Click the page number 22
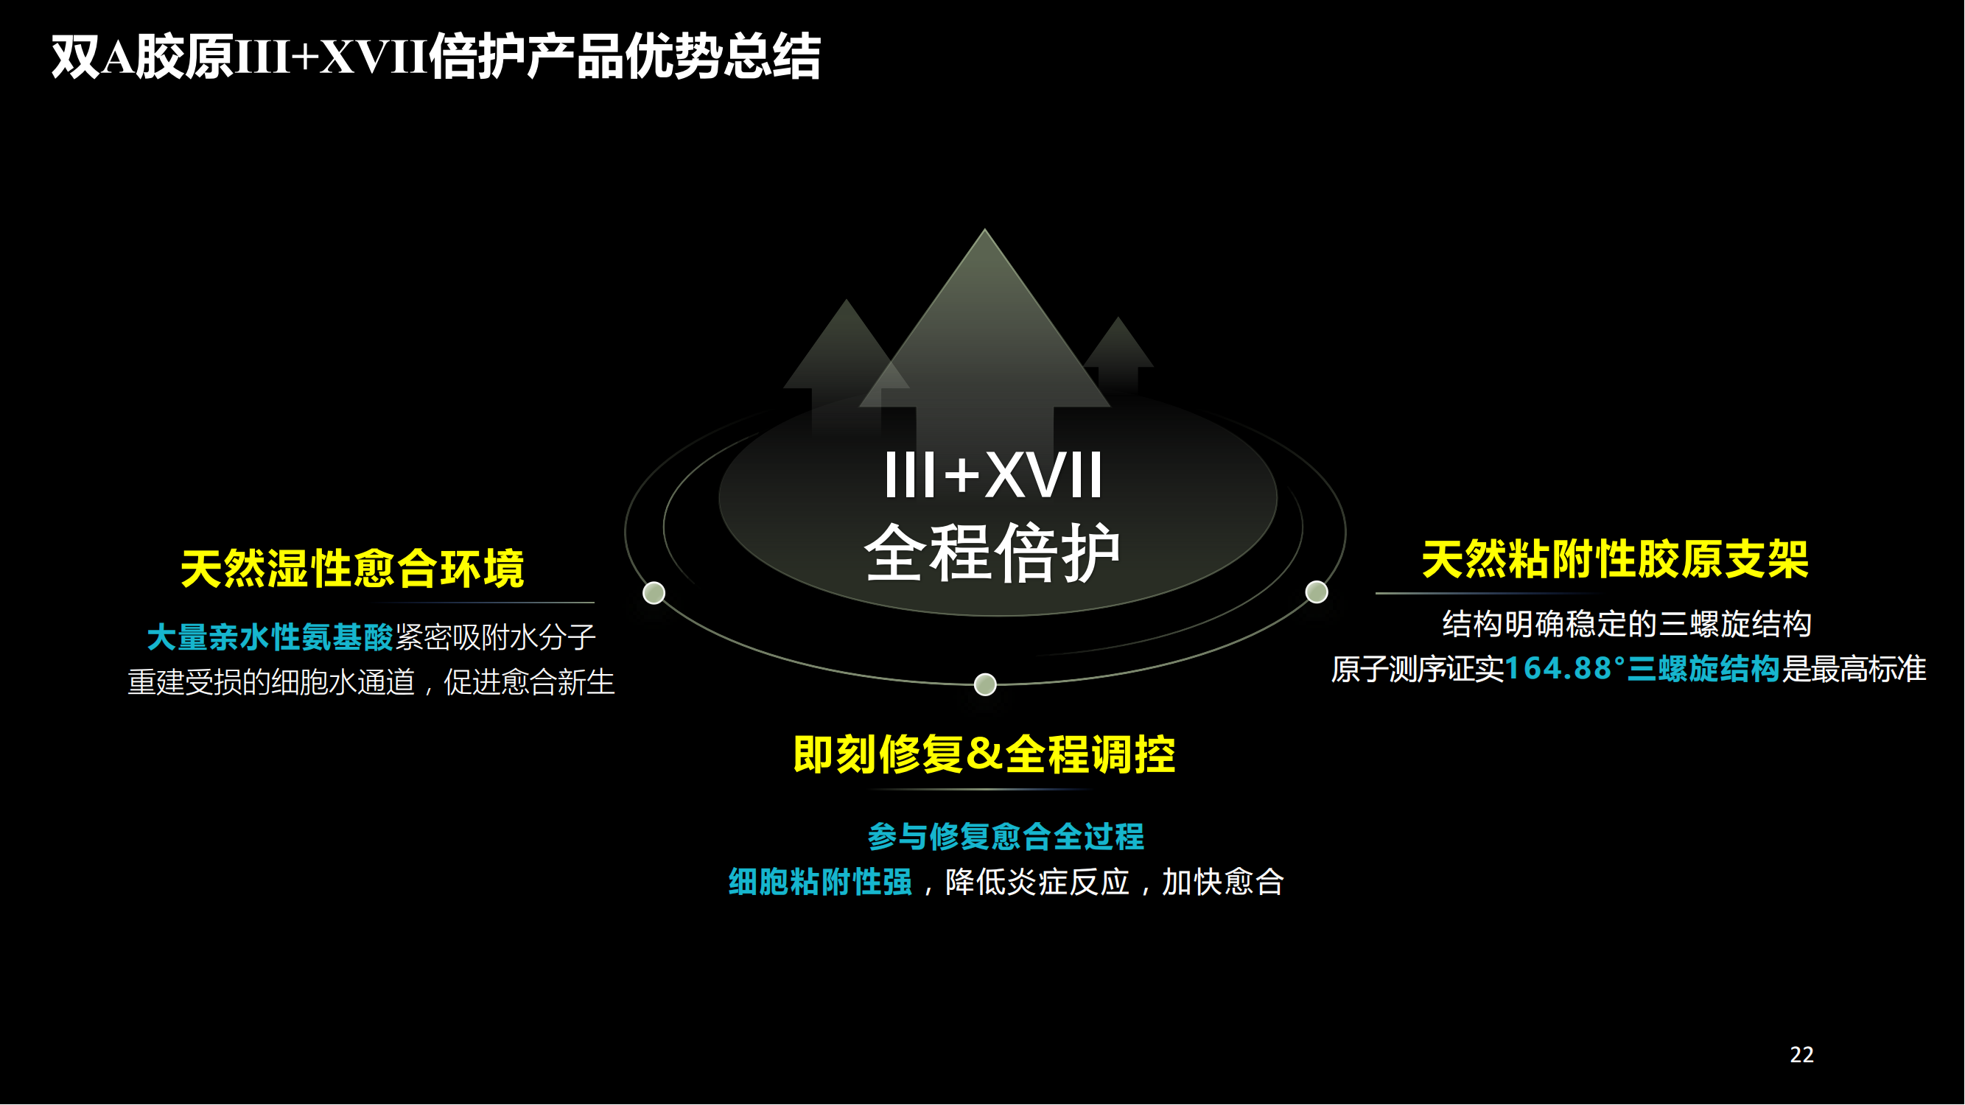coord(1801,1055)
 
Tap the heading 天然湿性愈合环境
coord(352,569)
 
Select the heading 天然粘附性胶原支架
coord(1615,560)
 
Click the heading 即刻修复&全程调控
coord(984,755)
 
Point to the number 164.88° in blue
coord(1564,669)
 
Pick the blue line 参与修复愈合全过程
coord(1006,837)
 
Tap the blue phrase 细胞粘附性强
coord(820,883)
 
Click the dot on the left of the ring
coord(654,593)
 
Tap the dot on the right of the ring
coord(1317,592)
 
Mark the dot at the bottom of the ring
coord(986,685)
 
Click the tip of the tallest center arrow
coord(985,229)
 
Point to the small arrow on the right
coord(1118,354)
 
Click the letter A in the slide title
coord(117,57)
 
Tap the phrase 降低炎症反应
coord(1037,883)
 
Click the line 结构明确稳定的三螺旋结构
coord(1627,625)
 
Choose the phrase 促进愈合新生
coord(530,681)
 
